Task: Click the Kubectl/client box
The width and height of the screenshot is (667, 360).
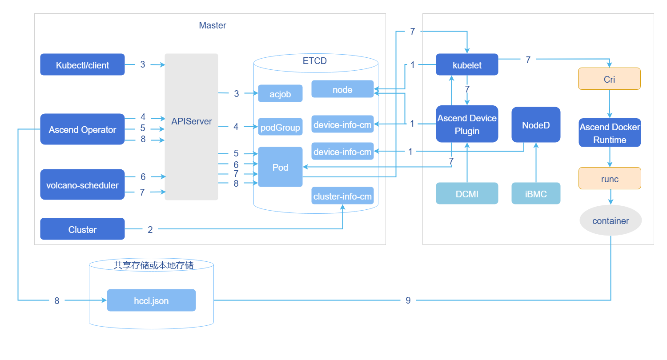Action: (82, 65)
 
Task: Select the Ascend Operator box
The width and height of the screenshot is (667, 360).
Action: (82, 129)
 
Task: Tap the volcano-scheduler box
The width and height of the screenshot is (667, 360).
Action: (82, 184)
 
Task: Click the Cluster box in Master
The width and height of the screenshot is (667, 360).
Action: (82, 229)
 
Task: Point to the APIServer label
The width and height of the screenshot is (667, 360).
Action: (192, 121)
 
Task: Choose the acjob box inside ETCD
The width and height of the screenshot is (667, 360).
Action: (280, 94)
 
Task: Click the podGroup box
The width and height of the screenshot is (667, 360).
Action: (280, 127)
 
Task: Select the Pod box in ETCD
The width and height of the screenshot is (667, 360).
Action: (280, 167)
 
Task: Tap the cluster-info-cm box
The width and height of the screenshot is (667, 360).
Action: (342, 196)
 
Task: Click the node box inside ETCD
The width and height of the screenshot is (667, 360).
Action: (342, 89)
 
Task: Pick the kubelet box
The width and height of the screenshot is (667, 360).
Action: (467, 65)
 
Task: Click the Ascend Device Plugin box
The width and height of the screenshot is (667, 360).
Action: (467, 124)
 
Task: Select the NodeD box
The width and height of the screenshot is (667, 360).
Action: (536, 125)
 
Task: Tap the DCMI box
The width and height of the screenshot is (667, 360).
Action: (467, 194)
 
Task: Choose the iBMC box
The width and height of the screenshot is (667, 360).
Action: (536, 194)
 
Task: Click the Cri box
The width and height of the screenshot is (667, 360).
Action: (609, 79)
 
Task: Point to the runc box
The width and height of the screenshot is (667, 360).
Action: (610, 179)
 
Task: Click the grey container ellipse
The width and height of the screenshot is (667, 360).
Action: (611, 221)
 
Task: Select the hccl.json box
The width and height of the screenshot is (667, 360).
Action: (151, 300)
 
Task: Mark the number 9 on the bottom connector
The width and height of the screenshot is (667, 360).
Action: (408, 300)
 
